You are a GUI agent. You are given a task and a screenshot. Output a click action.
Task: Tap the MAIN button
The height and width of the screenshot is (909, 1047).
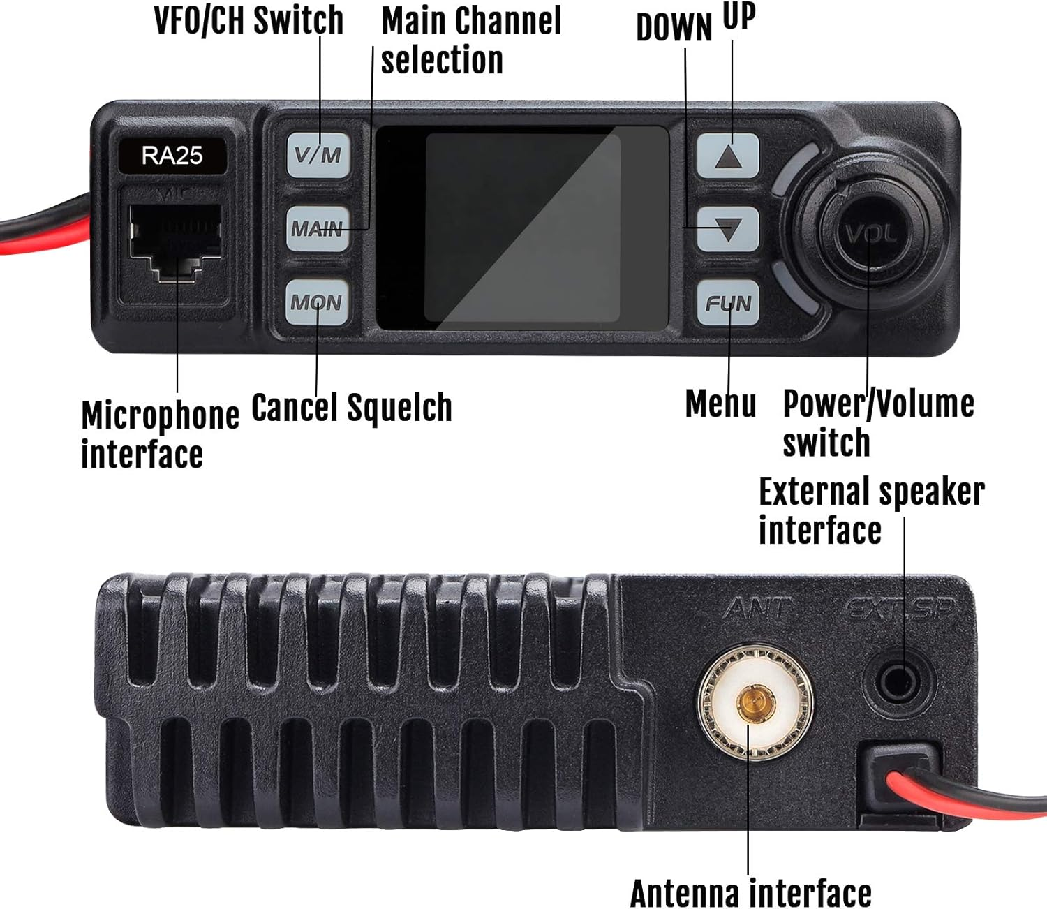coord(318,228)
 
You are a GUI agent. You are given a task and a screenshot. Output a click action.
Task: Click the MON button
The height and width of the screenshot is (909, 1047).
coord(317,302)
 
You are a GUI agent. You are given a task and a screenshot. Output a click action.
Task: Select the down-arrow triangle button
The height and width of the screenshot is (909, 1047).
coord(728,229)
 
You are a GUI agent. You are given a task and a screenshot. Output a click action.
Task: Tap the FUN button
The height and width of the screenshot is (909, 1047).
coord(728,303)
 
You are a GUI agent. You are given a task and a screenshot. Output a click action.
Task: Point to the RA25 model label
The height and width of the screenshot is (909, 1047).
coord(172,156)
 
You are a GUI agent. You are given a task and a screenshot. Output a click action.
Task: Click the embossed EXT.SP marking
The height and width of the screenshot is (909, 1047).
coord(900,609)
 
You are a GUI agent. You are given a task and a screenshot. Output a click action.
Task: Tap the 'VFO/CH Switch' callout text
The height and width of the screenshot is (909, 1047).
coord(248,20)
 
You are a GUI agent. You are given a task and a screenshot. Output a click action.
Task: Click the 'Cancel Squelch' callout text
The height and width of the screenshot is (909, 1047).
coord(352,408)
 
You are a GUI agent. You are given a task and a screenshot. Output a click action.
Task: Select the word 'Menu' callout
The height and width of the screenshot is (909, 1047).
coord(720,404)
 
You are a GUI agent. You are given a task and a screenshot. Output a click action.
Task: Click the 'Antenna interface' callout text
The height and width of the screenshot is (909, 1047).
coord(751,893)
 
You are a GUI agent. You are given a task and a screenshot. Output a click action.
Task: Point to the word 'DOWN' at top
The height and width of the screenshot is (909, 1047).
coord(674,27)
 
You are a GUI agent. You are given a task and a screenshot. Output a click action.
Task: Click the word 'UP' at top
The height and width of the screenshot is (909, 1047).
coord(739,16)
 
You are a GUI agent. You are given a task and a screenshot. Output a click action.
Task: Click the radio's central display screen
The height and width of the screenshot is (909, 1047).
coord(523,228)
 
